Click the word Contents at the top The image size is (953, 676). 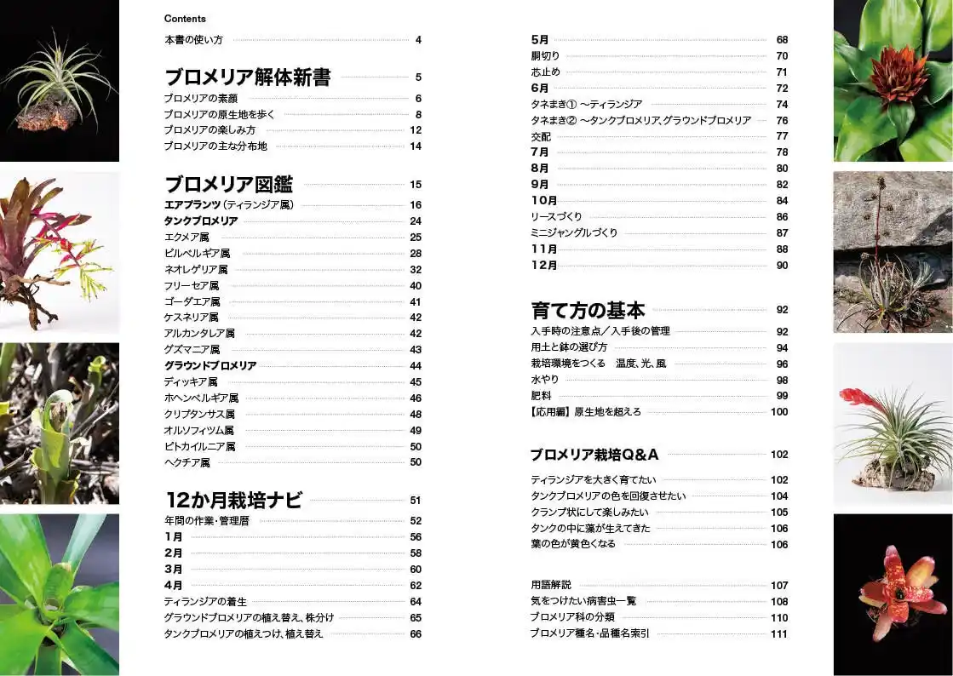[185, 19]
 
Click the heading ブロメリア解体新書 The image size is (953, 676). [247, 77]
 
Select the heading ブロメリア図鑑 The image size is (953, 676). [228, 184]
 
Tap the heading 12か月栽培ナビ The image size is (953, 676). [233, 501]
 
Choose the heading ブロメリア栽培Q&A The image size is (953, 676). [594, 455]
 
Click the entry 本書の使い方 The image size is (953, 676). [193, 40]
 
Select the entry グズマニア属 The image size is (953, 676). [192, 350]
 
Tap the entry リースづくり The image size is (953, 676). [556, 217]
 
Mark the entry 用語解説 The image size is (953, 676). [551, 585]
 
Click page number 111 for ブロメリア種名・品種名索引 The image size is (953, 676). [778, 633]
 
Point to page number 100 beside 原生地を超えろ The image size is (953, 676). [778, 412]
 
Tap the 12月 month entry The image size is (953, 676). [544, 266]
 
